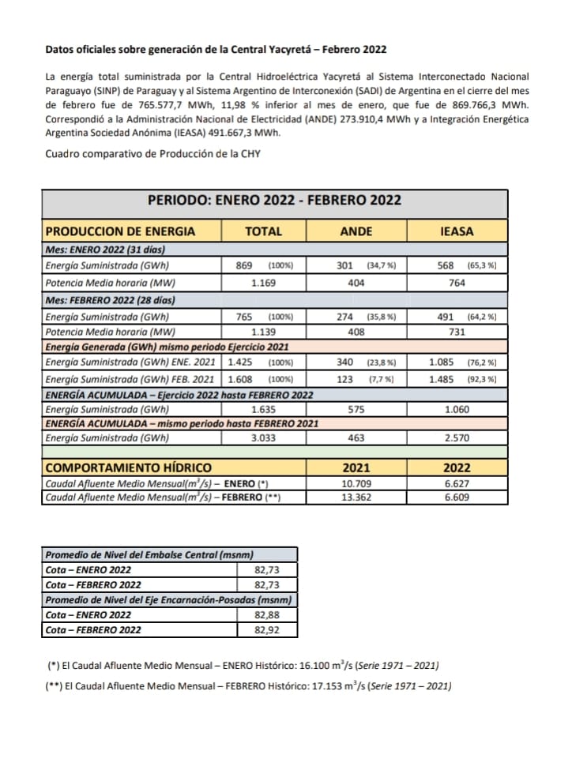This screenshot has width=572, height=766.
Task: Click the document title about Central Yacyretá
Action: [x=216, y=49]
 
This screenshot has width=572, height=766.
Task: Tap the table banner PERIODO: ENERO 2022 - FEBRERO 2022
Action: [x=274, y=200]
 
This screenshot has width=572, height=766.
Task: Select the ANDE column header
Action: [x=356, y=231]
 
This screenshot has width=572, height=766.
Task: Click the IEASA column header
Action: [x=457, y=231]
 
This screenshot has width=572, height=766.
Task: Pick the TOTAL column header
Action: [x=263, y=231]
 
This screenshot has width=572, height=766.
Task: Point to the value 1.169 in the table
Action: [x=264, y=282]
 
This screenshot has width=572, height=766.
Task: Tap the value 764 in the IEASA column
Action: [x=457, y=282]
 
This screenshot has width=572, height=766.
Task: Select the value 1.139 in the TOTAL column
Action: [x=264, y=332]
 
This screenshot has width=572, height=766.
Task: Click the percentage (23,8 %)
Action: [x=382, y=363]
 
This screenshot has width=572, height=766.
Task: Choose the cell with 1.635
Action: [x=264, y=410]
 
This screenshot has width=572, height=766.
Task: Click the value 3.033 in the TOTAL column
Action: [x=264, y=437]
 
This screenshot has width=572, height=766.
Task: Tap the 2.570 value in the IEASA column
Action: [x=457, y=437]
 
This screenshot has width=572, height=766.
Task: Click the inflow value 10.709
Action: [x=356, y=483]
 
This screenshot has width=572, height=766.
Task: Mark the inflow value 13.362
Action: [x=356, y=498]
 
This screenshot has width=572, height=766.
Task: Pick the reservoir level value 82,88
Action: [x=266, y=614]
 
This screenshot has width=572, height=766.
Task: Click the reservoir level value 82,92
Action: [x=266, y=629]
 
